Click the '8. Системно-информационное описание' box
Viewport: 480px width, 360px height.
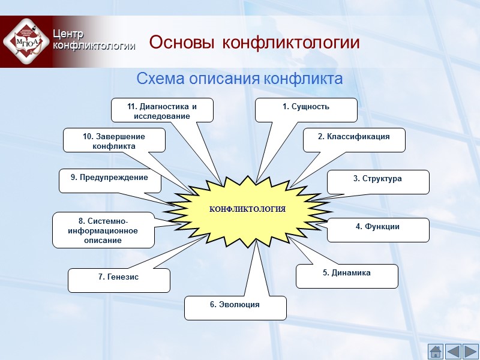click(103, 230)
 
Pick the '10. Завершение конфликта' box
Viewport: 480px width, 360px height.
click(114, 140)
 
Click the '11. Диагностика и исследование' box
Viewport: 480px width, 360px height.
click(162, 110)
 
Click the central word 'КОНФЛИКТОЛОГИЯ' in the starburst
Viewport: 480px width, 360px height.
click(247, 209)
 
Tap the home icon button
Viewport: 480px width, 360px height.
click(435, 350)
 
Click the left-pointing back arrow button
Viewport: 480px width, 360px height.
click(452, 350)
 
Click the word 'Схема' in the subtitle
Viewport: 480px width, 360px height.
click(161, 79)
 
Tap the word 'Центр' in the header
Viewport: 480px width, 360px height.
click(68, 34)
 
